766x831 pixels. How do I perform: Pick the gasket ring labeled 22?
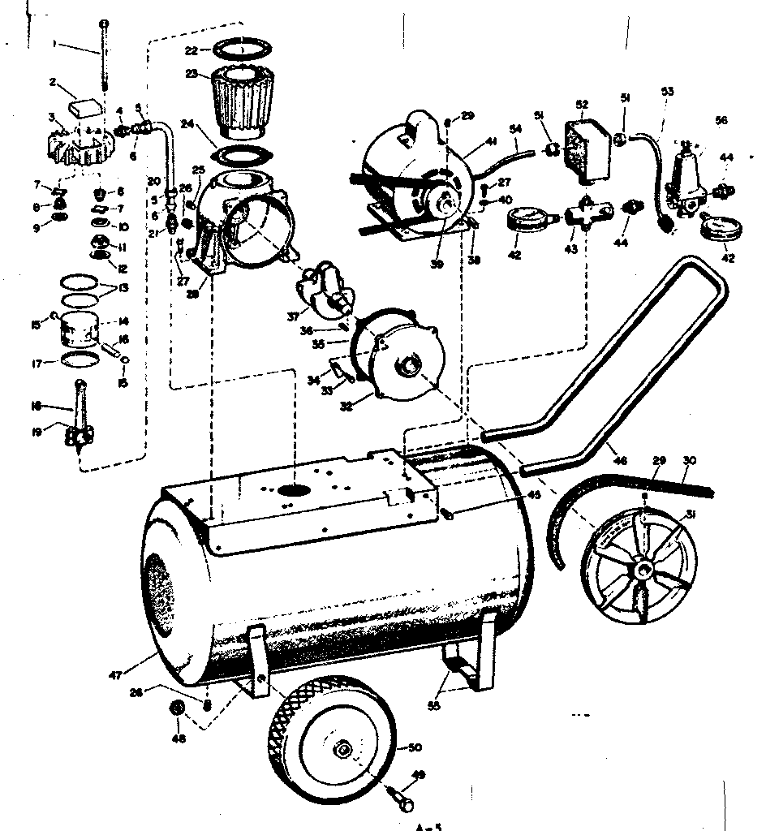[240, 50]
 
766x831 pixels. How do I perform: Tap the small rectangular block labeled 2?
[85, 105]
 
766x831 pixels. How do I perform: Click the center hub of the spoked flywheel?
[641, 569]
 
